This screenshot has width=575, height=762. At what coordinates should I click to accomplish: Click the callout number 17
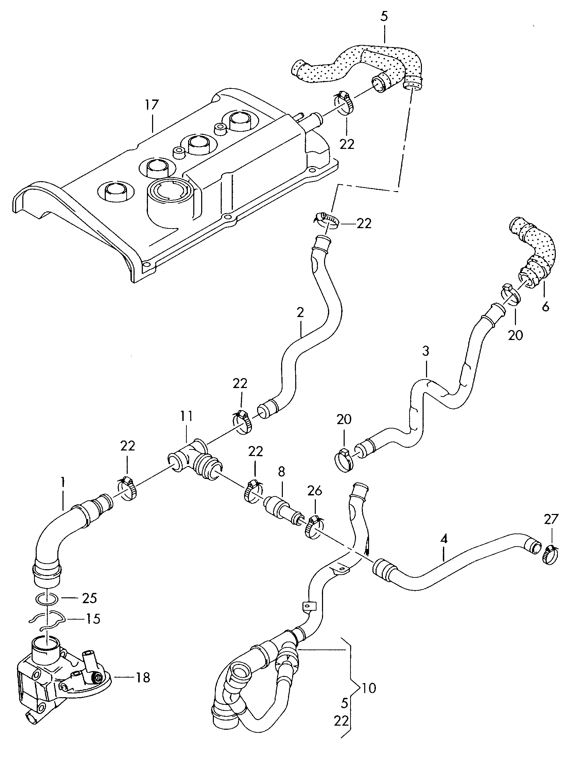coord(151,105)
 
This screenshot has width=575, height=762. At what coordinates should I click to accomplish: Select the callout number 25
coord(89,598)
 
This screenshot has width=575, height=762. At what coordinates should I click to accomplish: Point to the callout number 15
coord(92,619)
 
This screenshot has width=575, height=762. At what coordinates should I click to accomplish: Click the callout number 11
coord(186,416)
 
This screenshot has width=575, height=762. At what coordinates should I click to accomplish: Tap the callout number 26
coord(314,490)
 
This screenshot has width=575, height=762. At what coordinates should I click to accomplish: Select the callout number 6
coord(545,306)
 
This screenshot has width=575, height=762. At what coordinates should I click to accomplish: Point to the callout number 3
coord(426,351)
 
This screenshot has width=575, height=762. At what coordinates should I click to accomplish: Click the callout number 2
coord(300,313)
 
